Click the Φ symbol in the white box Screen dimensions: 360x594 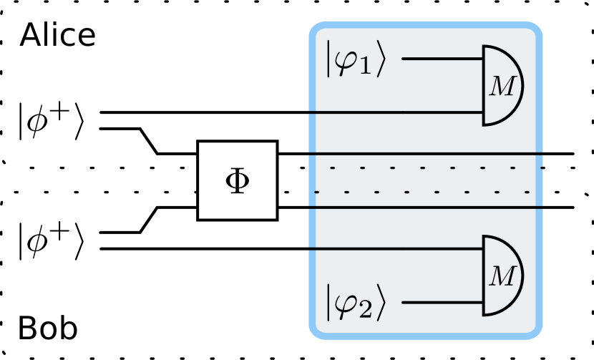tap(237, 181)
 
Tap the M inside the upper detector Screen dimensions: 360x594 tap(501, 87)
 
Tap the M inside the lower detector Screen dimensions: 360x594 tap(501, 276)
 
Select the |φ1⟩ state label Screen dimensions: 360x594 tap(356, 64)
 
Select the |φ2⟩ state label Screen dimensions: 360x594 tap(356, 302)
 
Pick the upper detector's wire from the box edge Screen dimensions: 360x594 tap(394, 112)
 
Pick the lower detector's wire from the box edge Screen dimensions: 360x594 tap(394, 249)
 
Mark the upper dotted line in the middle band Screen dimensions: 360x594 tap(429, 169)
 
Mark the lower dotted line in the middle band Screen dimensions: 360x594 tap(429, 192)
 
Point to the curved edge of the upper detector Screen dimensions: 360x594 tap(522, 86)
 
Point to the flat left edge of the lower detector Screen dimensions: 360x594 tap(484, 276)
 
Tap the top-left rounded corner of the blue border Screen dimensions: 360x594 tap(314, 29)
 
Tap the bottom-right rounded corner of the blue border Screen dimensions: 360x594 tap(536, 332)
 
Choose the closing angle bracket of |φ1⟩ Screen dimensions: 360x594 tap(386, 64)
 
